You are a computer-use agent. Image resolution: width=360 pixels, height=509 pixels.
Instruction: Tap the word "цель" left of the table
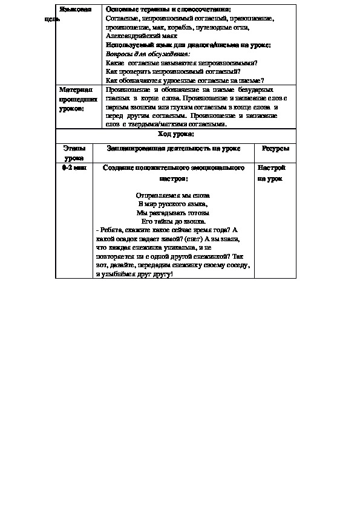53,19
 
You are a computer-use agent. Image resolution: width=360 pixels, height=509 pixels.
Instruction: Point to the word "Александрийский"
128,36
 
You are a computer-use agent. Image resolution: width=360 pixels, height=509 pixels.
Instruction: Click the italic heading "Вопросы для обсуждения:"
139,54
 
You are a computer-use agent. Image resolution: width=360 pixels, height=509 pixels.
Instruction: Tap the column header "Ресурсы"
275,148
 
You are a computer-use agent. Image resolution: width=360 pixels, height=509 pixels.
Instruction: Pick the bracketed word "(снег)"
195,239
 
